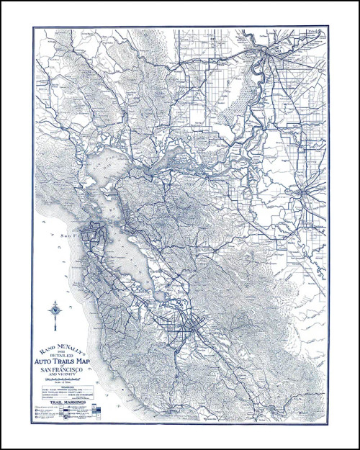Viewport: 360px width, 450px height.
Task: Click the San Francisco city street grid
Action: pos(94,235)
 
